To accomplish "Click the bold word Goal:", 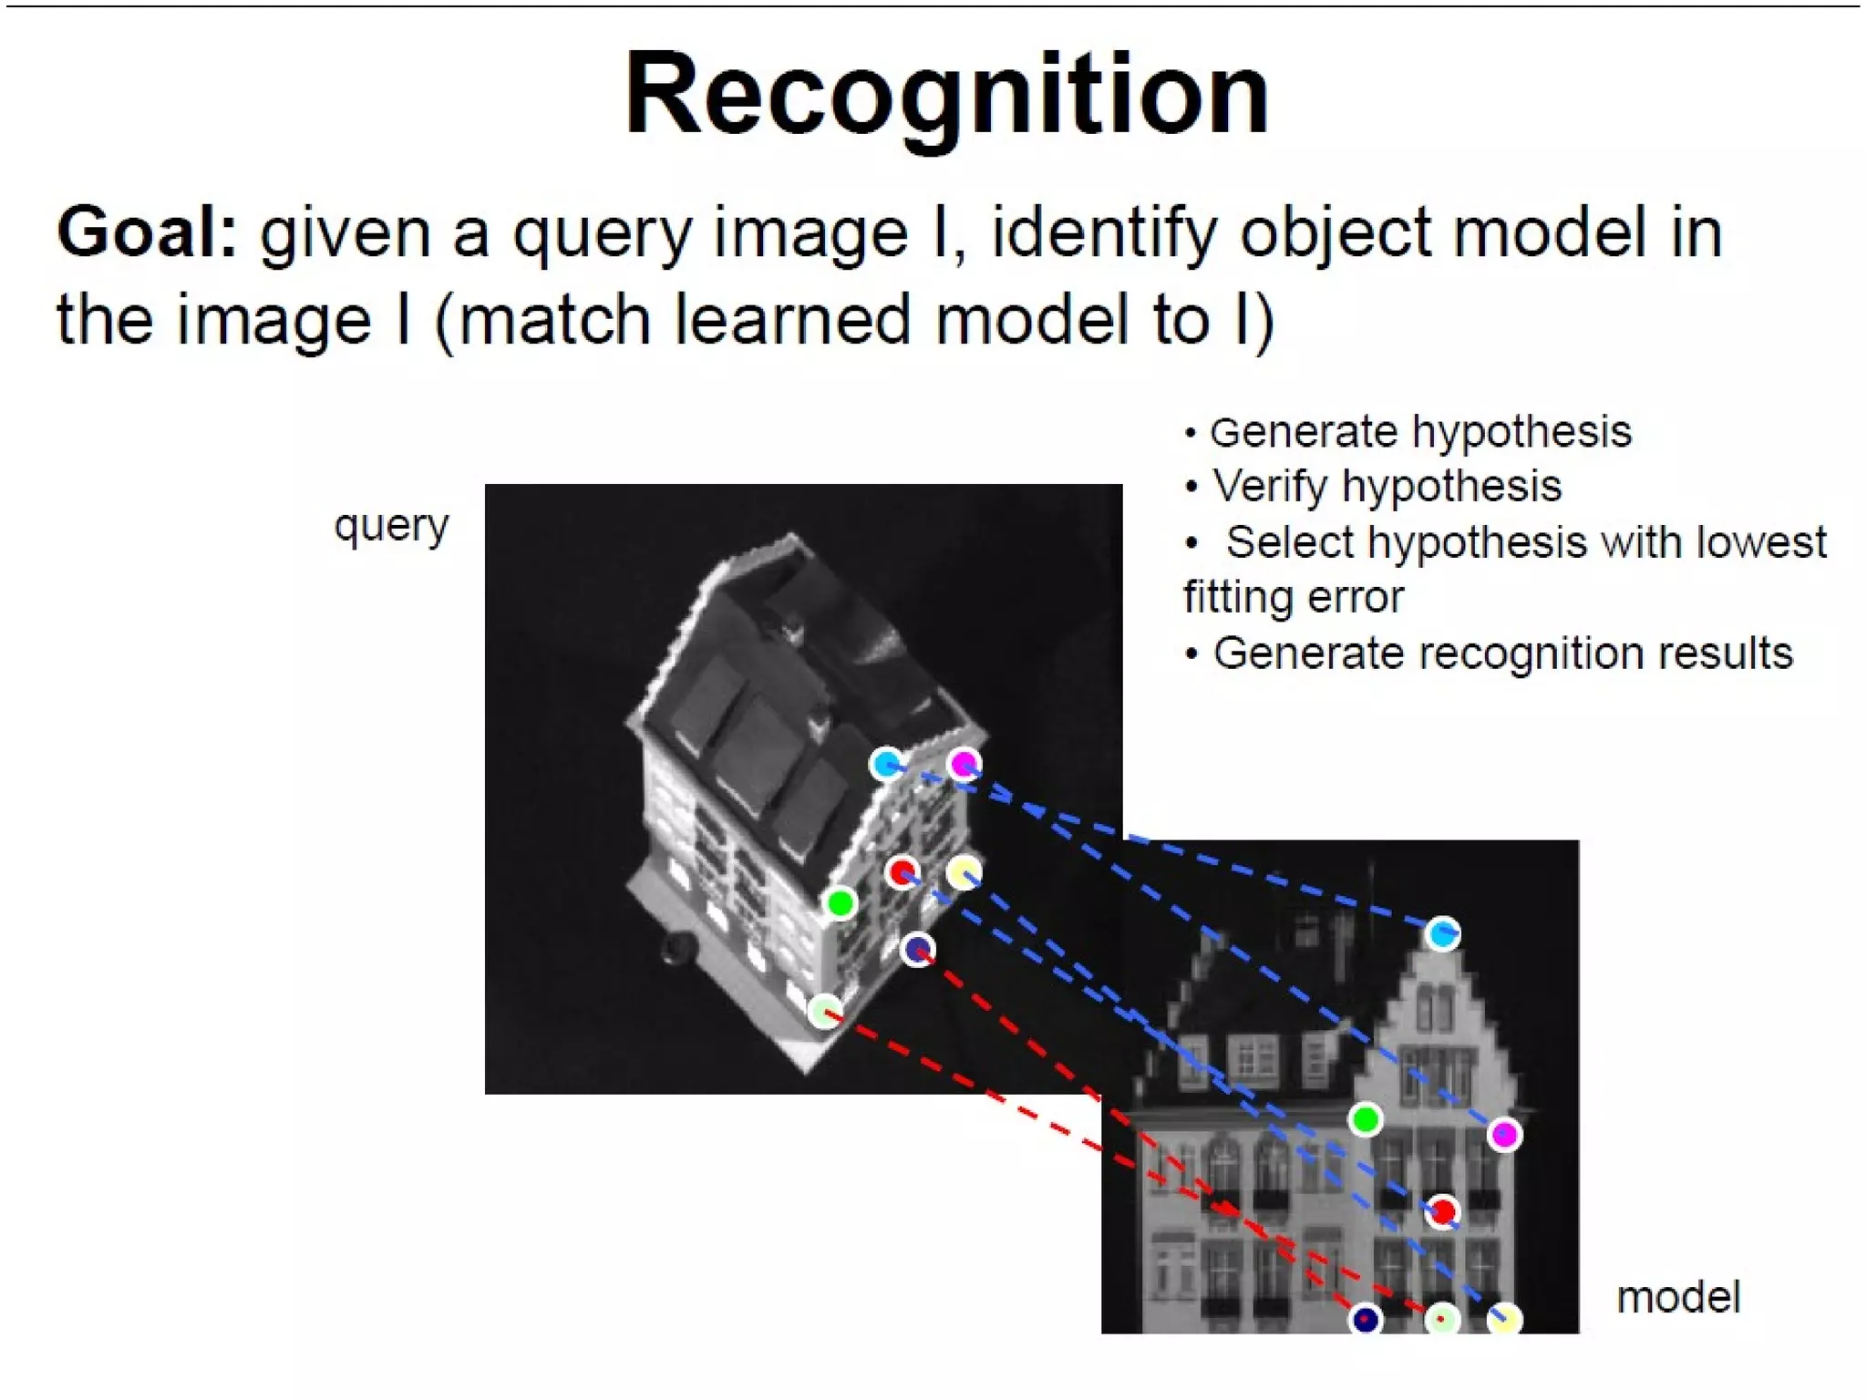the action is [147, 233].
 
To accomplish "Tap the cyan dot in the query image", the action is [885, 763].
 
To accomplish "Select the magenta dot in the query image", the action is [964, 763].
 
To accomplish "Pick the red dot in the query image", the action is [902, 872].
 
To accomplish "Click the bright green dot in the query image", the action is [841, 903].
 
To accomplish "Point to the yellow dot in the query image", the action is [964, 872].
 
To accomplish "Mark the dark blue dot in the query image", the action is [917, 950].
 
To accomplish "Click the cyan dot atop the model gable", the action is [1442, 933].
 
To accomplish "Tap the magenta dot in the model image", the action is [1504, 1135].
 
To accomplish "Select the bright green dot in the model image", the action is [1366, 1118].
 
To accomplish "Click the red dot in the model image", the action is [1442, 1211].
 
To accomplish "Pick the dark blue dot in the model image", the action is [1365, 1319].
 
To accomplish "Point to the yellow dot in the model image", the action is [1504, 1319].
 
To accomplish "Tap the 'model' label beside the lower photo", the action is [1678, 1297].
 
